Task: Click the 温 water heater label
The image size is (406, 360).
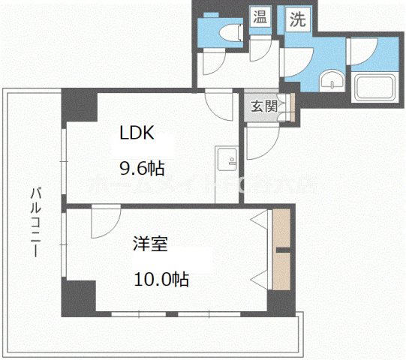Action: pos(260,16)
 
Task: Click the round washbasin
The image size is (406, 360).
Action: pos(329,81)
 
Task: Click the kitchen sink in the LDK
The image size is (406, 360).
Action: pos(226,158)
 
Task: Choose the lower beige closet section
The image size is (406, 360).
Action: pos(281,271)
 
